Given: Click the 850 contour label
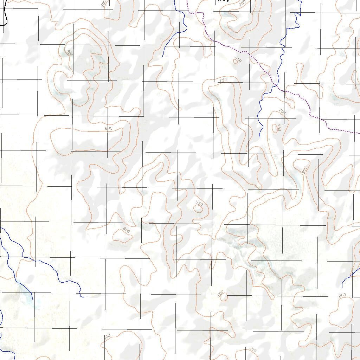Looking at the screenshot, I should pyautogui.click(x=342, y=295).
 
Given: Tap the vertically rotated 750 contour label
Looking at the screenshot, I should pyautogui.click(x=279, y=127).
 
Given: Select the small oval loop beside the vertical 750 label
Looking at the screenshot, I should pyautogui.click(x=274, y=128).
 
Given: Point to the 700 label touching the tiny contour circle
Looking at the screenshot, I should pyautogui.click(x=238, y=60).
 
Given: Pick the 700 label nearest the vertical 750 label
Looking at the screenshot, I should pyautogui.click(x=282, y=112).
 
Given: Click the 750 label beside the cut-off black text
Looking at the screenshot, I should pyautogui.click(x=242, y=3).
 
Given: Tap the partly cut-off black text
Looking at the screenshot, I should pyautogui.click(x=223, y=1).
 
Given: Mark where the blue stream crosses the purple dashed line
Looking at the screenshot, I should pyautogui.click(x=275, y=85).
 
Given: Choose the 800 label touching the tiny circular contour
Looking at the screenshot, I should pyautogui.click(x=220, y=293).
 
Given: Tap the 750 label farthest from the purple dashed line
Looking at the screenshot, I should pyautogui.click(x=199, y=204).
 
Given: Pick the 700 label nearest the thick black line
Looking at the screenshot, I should pyautogui.click(x=103, y=4).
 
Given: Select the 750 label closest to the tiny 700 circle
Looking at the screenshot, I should pyautogui.click(x=223, y=81).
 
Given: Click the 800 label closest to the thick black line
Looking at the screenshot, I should pyautogui.click(x=69, y=53).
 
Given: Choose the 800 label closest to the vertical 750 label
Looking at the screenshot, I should pyautogui.click(x=304, y=169).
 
